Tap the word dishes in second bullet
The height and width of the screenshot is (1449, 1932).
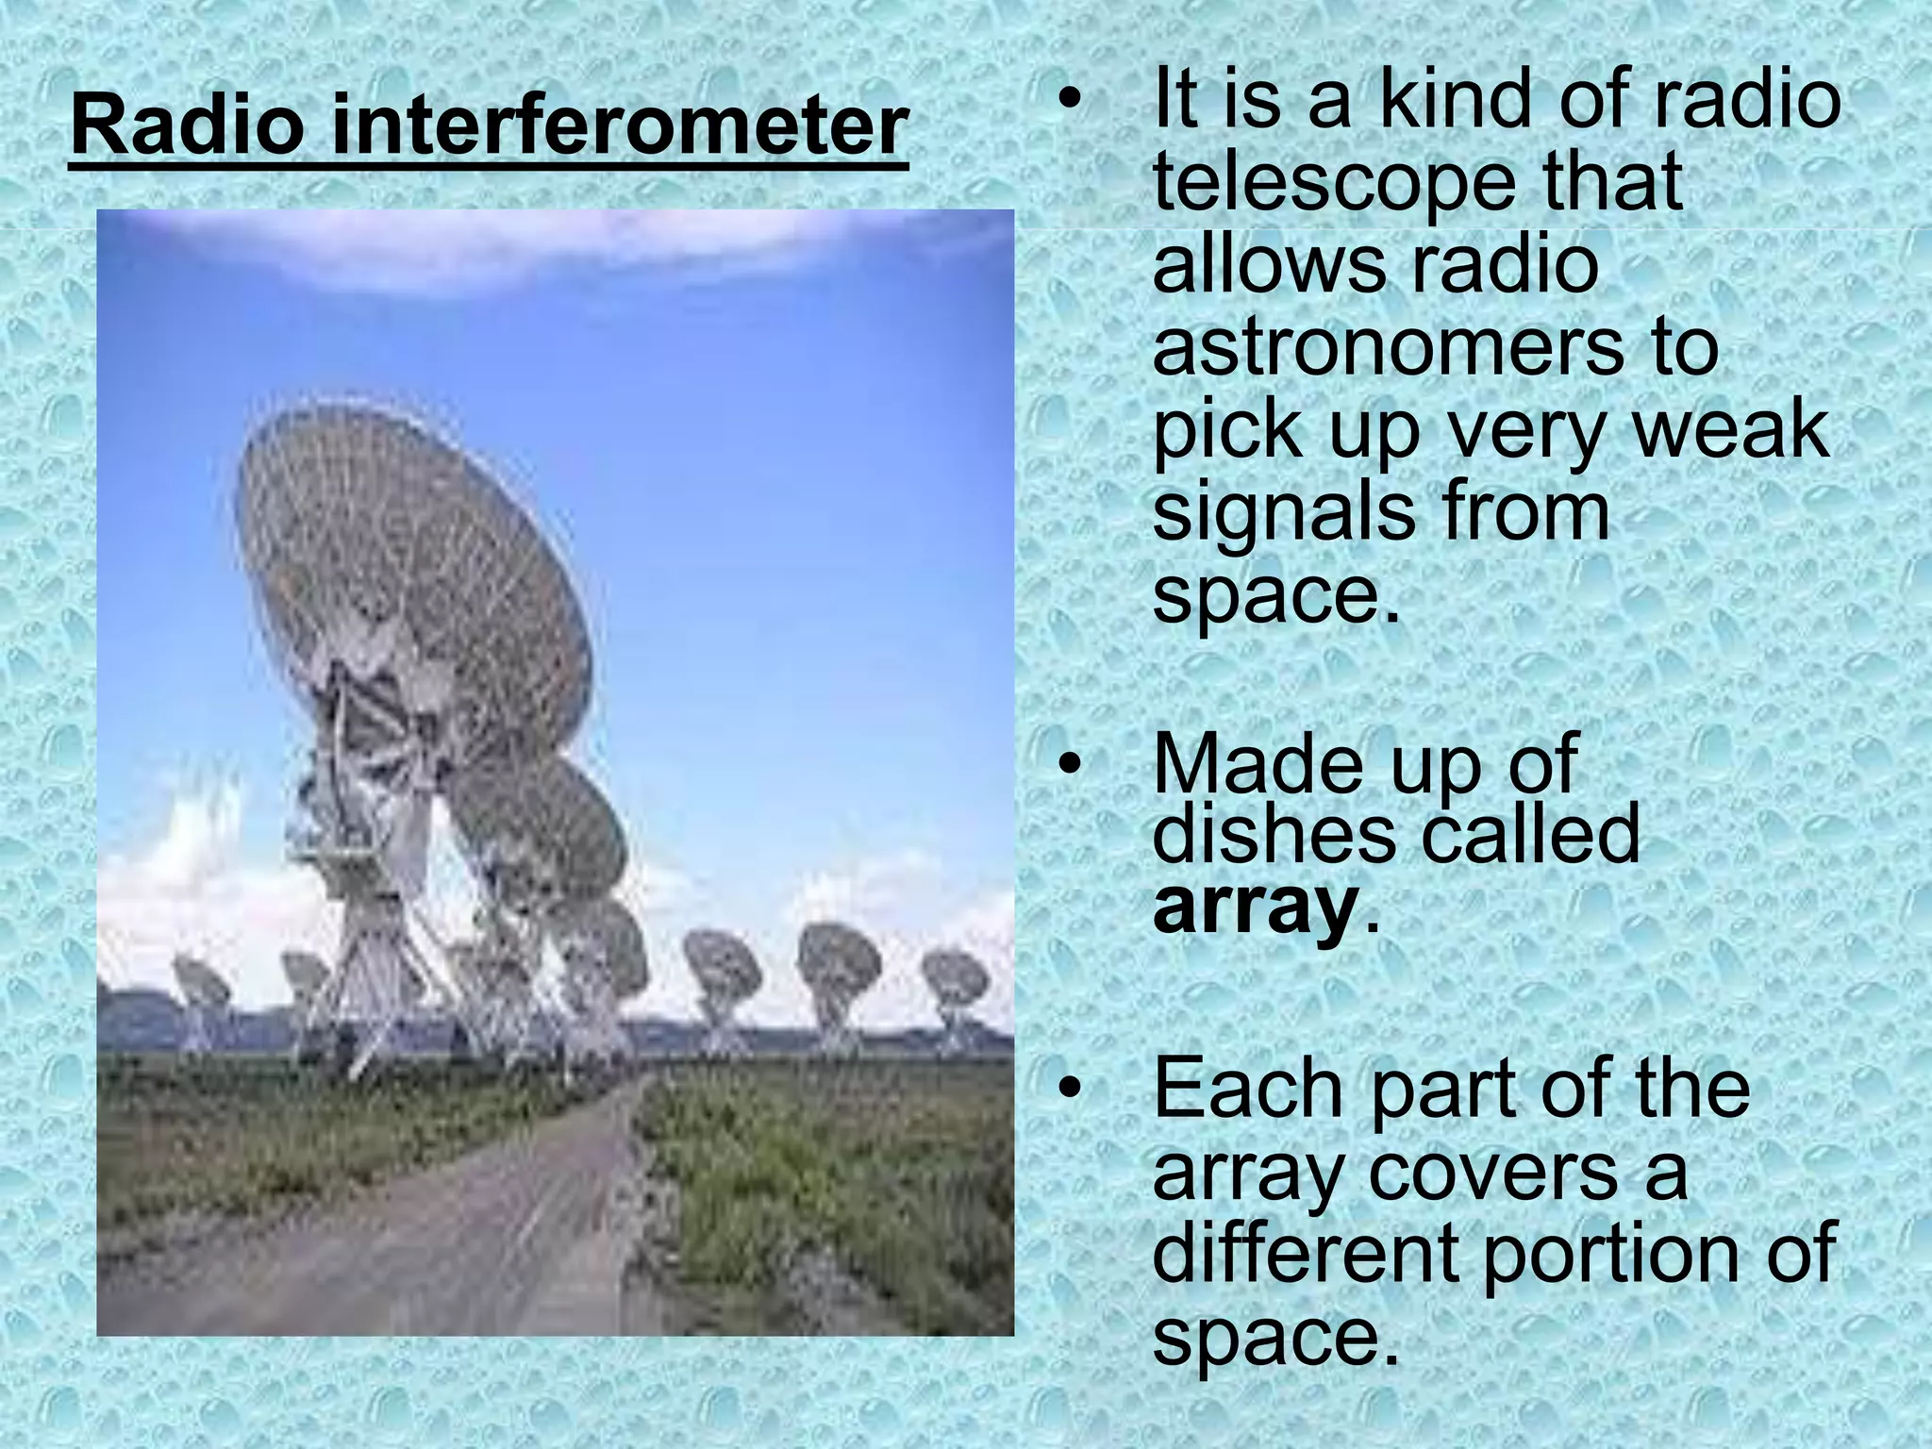tap(1274, 834)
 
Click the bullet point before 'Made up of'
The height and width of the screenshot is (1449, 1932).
tap(1067, 764)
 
